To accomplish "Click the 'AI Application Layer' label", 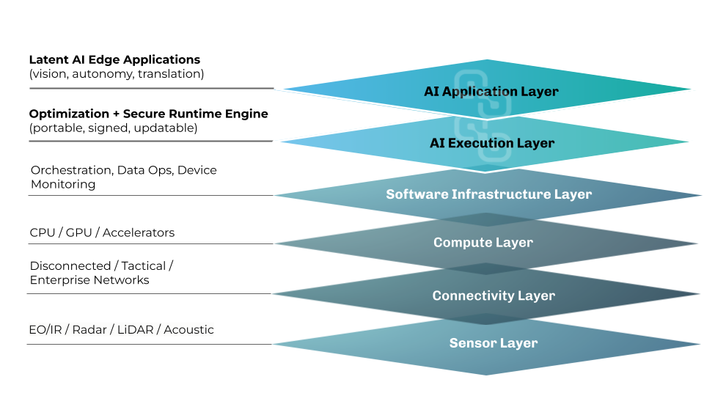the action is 491,92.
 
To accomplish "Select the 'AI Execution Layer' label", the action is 492,143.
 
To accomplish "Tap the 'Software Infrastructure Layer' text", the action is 489,194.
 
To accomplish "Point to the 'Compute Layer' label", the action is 483,243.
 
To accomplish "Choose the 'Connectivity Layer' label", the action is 494,296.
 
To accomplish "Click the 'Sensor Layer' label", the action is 494,343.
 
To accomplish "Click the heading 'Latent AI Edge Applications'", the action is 114,59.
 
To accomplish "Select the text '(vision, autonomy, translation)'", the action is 117,73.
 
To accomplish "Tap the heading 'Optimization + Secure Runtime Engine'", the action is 149,114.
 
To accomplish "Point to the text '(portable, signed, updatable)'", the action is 113,128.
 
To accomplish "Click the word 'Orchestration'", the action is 72,170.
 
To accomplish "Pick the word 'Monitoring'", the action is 63,185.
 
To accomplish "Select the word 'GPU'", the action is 78,232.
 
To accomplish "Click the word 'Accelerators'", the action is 139,232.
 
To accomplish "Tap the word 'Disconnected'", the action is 70,265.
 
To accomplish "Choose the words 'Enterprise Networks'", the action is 89,280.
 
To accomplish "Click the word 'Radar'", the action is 89,330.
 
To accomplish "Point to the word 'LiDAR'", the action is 135,330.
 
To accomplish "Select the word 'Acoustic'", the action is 188,330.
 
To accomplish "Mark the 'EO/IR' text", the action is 45,330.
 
